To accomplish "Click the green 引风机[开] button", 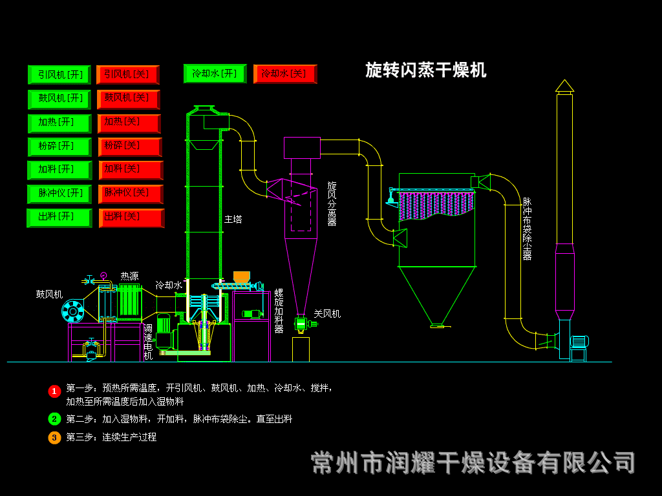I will [x=59, y=74].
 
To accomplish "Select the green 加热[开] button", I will [x=59, y=123].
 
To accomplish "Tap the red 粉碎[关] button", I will [x=129, y=147].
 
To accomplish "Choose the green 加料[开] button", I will [x=59, y=170].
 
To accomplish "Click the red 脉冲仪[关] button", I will [x=130, y=194].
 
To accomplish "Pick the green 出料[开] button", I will [x=59, y=218].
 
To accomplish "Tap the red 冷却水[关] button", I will [x=284, y=74].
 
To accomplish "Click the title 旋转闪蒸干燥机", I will [x=425, y=70].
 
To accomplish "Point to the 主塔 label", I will [x=233, y=220].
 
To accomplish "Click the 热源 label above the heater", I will [x=129, y=276].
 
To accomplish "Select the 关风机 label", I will [x=327, y=314].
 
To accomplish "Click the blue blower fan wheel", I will [x=72, y=312].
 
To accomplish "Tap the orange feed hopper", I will [x=241, y=276].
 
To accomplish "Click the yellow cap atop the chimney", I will [x=564, y=86].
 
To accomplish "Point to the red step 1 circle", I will [x=54, y=391].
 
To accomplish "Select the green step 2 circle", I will [x=54, y=418].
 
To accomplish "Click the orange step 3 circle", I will [x=54, y=437].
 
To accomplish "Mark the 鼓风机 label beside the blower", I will [x=49, y=294].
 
